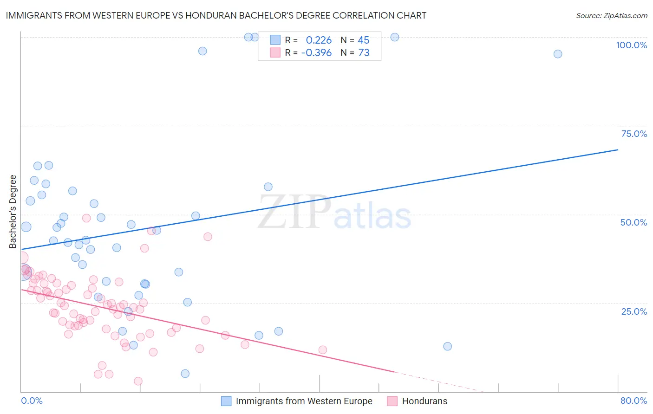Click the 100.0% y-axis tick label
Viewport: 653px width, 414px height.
point(631,45)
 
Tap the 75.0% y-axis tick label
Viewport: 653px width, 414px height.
point(634,134)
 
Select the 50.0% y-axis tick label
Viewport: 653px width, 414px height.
point(633,222)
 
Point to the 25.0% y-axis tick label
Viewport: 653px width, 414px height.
point(634,311)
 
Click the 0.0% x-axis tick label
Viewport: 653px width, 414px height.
point(32,401)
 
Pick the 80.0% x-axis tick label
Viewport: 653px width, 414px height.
point(633,401)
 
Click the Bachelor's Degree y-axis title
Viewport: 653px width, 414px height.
point(13,212)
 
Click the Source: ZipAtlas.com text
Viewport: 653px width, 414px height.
point(611,15)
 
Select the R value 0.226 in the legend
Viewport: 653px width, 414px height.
point(319,40)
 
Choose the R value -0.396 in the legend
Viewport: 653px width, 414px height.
point(316,53)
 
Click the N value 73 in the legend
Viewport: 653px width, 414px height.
point(364,53)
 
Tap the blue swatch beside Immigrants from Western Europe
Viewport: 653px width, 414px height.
point(226,401)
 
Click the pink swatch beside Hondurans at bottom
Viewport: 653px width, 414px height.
point(392,401)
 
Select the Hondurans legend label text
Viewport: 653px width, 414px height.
point(424,401)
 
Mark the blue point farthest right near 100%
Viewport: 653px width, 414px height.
point(558,54)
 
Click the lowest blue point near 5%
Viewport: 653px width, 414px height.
point(185,374)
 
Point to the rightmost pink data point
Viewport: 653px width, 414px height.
point(323,350)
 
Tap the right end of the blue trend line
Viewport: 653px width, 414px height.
point(618,149)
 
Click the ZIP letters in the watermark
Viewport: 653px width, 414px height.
point(294,213)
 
